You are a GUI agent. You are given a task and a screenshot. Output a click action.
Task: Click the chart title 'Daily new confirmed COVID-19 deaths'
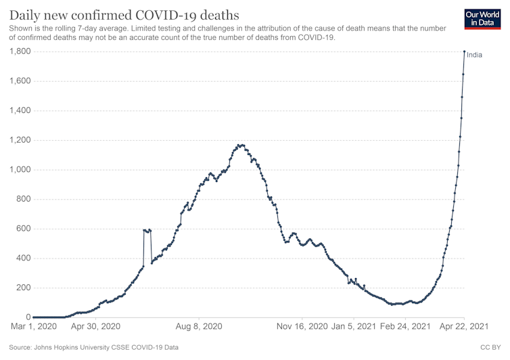[x=124, y=14]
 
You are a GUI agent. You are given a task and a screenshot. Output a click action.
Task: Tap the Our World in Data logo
[x=484, y=19]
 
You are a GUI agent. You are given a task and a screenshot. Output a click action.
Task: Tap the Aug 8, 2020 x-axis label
[x=198, y=327]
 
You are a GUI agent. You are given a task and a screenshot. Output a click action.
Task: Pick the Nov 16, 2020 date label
[x=302, y=327]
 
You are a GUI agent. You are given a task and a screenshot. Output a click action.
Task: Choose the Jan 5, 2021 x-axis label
[x=354, y=327]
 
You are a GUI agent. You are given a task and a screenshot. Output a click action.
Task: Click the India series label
[x=475, y=55]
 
